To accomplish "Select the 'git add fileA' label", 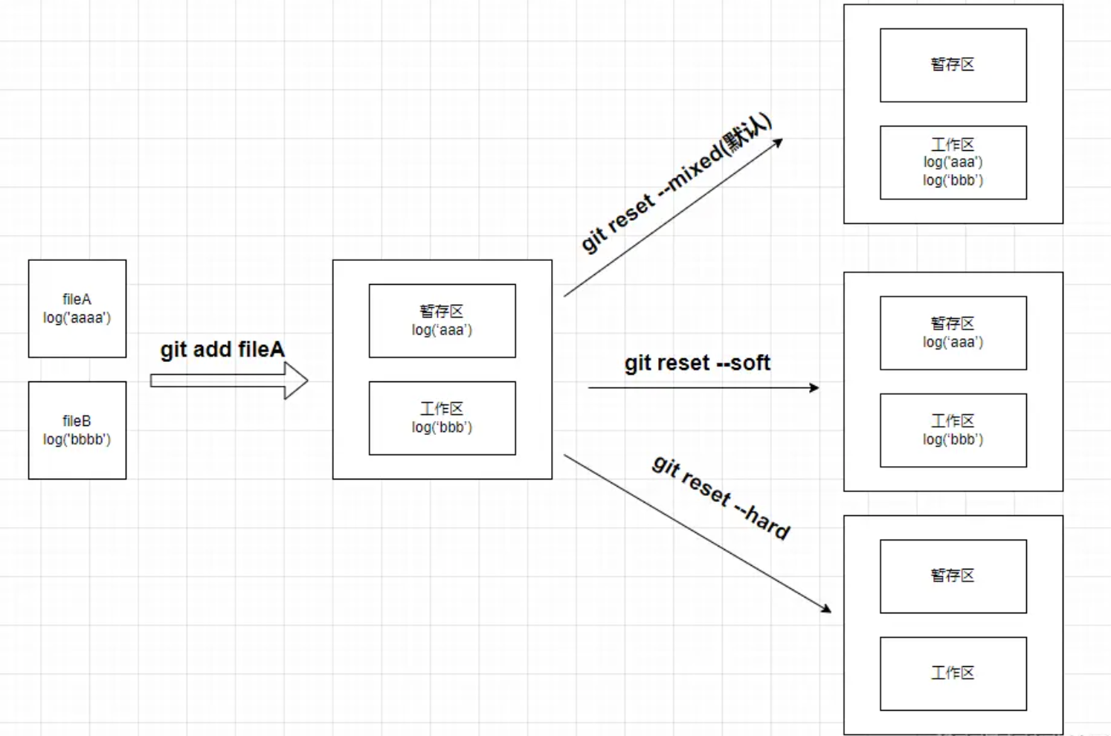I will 222,349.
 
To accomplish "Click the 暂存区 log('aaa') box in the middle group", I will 442,320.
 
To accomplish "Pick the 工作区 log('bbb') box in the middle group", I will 442,418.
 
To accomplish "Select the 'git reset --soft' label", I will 697,363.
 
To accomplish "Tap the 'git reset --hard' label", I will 721,497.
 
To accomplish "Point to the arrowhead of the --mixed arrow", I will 778,142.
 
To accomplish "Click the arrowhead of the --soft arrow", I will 814,387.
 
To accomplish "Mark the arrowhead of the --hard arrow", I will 826,609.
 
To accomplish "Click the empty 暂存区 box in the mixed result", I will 953,65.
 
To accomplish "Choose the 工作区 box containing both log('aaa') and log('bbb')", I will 953,162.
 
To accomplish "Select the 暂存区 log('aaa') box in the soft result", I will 953,333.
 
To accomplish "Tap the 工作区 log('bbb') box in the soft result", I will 953,430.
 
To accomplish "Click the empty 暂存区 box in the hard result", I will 953,576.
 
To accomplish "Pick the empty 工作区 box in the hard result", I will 953,674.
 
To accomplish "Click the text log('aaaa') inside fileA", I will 77,318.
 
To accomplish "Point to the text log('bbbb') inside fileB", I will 77,439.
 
